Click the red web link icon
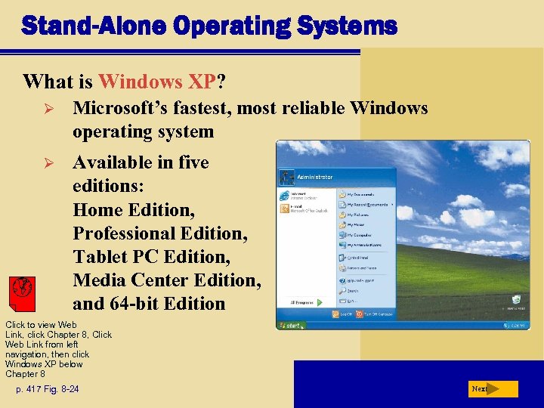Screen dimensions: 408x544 pos(23,289)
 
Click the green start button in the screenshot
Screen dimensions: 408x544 pos(291,326)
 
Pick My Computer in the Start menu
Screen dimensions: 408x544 pos(360,234)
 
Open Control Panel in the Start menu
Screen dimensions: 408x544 pos(360,256)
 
